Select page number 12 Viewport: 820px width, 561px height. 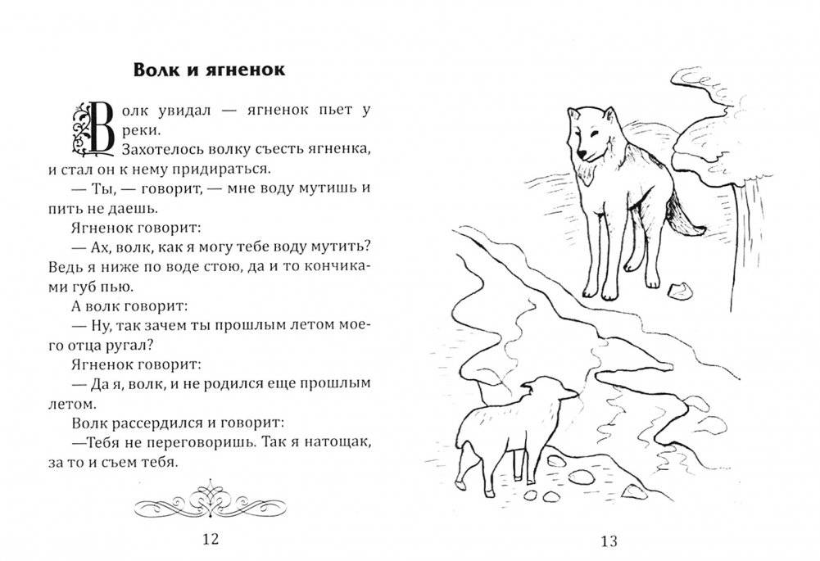pyautogui.click(x=210, y=537)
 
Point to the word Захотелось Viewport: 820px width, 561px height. pyautogui.click(x=161, y=150)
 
